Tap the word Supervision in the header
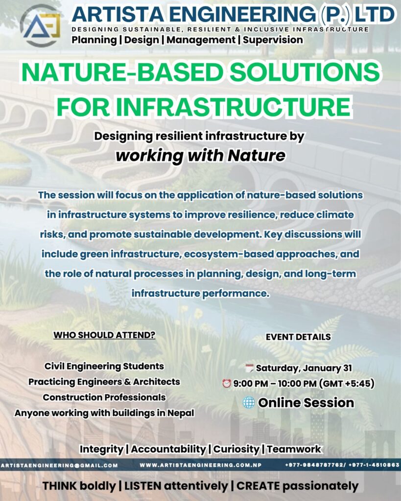tap(273, 40)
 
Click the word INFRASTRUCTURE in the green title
tap(233, 107)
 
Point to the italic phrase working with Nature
tap(201, 156)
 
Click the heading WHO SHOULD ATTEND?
tap(104, 335)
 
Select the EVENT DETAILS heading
tap(298, 337)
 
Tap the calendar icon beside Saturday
tap(249, 368)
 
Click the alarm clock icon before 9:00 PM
tap(227, 383)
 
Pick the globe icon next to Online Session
tap(249, 403)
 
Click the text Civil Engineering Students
tap(104, 366)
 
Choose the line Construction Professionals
tap(104, 397)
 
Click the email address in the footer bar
tap(59, 466)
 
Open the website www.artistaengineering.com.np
tap(201, 465)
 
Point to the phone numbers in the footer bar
tap(342, 465)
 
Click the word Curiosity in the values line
tap(236, 449)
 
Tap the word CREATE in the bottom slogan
tap(258, 486)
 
